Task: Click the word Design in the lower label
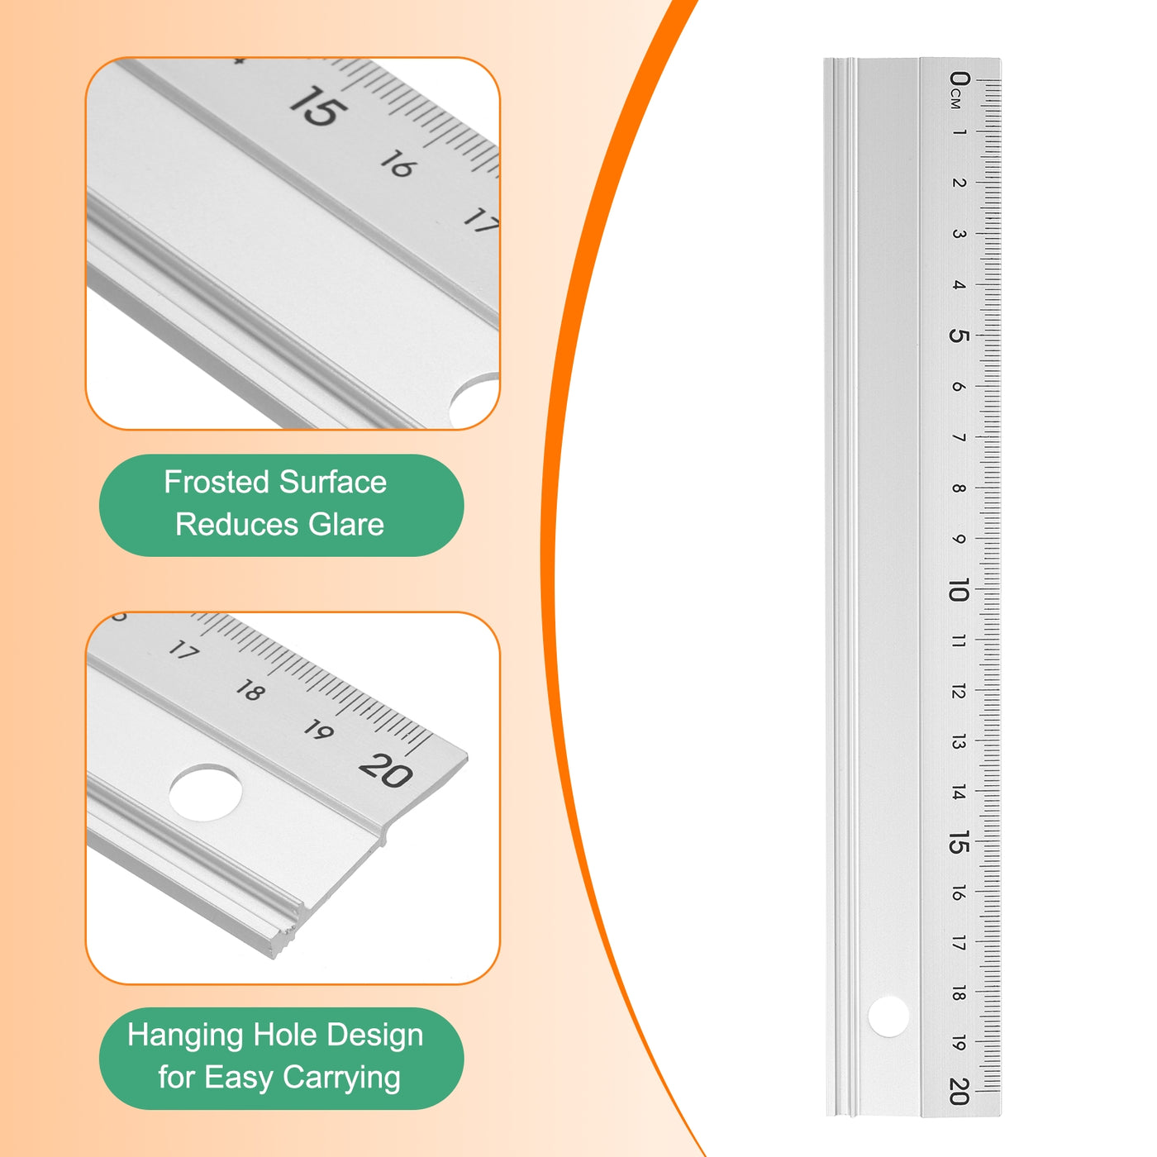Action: (x=375, y=1036)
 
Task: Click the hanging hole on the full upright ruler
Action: (x=888, y=1015)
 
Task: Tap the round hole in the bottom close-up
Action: (x=205, y=792)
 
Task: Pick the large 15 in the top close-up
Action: (x=317, y=107)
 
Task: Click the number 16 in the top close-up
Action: (x=398, y=164)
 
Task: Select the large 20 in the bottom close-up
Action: (x=385, y=769)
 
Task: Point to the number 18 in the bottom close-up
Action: (x=251, y=690)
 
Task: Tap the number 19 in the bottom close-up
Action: (x=318, y=730)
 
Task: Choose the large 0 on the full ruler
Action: (x=959, y=79)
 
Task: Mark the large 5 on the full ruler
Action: (x=959, y=335)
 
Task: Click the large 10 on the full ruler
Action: (x=959, y=589)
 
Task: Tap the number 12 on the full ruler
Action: (x=959, y=692)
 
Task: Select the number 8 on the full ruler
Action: (x=959, y=488)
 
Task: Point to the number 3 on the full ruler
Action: (x=959, y=234)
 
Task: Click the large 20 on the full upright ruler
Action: (x=959, y=1091)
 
